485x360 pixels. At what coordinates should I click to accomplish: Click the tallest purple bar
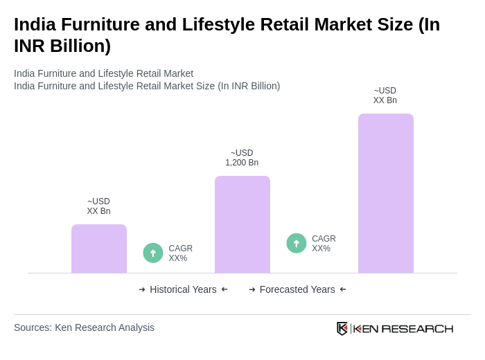coord(385,193)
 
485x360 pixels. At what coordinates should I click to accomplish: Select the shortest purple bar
coord(99,249)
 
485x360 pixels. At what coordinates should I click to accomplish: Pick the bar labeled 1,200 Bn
coord(242,224)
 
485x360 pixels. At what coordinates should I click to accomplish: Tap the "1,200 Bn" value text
coord(242,163)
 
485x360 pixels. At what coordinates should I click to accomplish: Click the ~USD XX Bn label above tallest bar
coord(385,96)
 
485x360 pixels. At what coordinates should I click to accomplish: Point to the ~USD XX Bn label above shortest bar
coord(98,206)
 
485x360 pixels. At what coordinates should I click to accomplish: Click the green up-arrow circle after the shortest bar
coord(153,253)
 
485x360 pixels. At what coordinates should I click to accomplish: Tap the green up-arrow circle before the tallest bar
coord(297,243)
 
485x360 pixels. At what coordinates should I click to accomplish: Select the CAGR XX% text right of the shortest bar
coord(180,253)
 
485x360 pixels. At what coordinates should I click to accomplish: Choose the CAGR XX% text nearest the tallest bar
coord(324,244)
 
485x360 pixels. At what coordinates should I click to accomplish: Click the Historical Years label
coord(183,289)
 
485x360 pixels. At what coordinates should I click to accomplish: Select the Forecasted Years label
coord(297,289)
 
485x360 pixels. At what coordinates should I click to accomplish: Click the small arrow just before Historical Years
coord(142,289)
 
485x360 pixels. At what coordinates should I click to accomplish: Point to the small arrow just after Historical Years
coord(224,289)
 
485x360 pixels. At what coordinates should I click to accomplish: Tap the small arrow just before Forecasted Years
coord(252,289)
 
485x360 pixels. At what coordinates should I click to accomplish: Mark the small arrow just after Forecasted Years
coord(343,289)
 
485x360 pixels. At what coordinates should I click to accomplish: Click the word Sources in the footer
coord(31,327)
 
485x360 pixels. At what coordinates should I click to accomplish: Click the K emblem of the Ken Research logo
coord(342,328)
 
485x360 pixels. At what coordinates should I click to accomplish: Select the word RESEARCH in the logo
coord(417,328)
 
